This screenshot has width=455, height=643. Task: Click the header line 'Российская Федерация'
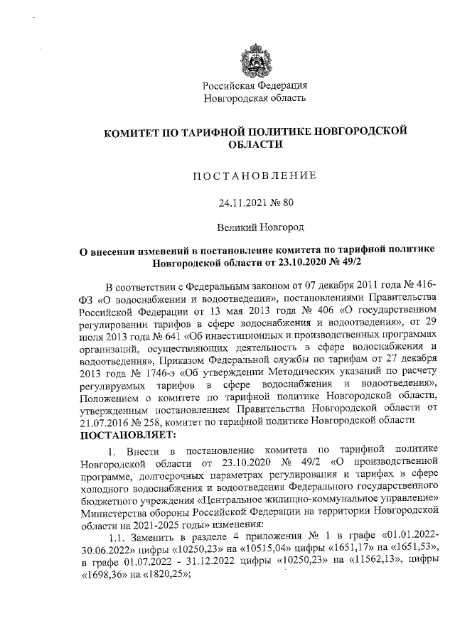click(255, 85)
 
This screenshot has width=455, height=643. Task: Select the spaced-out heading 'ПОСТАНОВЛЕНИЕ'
click(255, 175)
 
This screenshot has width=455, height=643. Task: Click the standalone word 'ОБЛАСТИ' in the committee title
click(255, 144)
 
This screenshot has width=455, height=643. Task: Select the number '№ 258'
click(146, 421)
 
